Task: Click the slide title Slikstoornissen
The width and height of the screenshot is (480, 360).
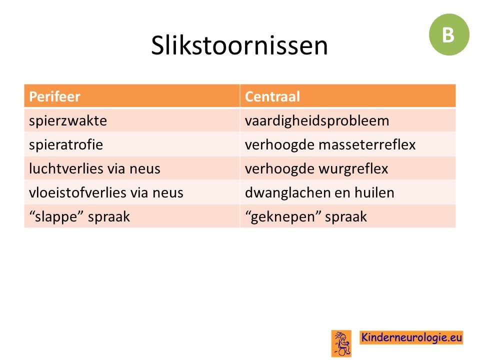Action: pos(239,45)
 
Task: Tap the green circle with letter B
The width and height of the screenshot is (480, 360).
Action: pos(449,34)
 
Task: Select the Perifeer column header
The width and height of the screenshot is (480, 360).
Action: pos(132,96)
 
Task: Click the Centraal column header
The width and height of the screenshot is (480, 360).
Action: pos(348,96)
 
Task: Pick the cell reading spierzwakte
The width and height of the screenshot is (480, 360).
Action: pos(132,120)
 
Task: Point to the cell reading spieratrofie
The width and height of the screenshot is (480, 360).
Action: pos(132,144)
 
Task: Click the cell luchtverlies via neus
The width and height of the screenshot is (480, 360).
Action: pos(132,168)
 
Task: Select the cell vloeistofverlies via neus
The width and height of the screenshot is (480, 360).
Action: pos(132,192)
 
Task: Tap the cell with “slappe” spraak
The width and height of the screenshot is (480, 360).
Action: pos(132,216)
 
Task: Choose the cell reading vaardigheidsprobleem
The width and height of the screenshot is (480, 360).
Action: pos(348,120)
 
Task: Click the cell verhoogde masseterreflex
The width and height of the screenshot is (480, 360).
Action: pos(348,144)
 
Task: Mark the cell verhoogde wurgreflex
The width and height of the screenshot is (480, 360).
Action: pos(348,168)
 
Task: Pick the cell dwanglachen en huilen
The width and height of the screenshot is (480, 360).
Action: pos(348,192)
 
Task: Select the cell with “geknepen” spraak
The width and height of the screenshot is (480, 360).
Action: pos(348,216)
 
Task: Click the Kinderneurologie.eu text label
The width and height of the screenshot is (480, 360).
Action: pos(411,337)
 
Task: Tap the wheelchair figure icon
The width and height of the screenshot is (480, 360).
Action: pos(341,343)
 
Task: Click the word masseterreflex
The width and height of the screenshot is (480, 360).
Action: pos(367,144)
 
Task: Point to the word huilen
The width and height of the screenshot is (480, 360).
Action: pos(374,192)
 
